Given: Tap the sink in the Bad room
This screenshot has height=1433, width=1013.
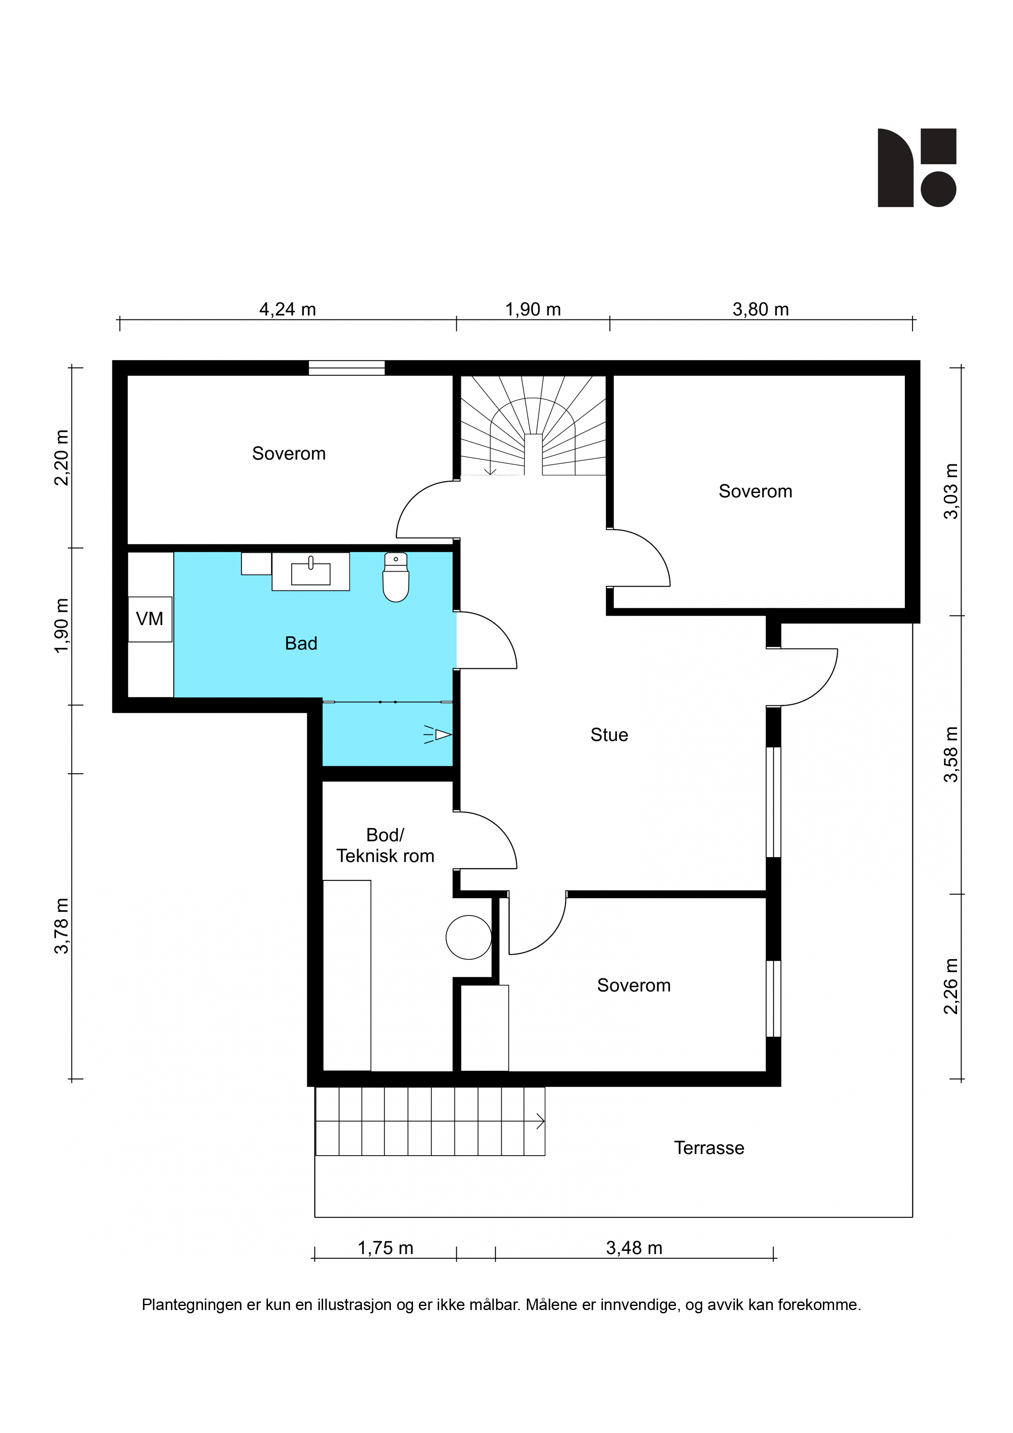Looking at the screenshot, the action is (x=311, y=571).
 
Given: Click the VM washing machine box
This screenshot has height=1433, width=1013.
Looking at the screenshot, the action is (x=150, y=619).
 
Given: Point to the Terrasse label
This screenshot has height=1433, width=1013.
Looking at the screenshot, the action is (x=709, y=1148).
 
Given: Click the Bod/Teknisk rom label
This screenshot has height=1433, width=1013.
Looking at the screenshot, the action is (x=385, y=846).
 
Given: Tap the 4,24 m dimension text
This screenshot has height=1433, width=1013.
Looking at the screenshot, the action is (x=288, y=310).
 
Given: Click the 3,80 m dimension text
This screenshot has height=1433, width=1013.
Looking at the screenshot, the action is (x=761, y=310).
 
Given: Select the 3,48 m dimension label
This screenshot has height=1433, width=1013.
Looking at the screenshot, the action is (x=634, y=1248).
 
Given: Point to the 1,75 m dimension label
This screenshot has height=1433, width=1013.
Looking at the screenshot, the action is (x=386, y=1248).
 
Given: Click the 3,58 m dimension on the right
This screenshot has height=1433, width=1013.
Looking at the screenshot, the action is (x=950, y=754).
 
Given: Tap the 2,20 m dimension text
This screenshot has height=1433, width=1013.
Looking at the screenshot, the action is (x=61, y=458).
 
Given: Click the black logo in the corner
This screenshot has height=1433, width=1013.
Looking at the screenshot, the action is (x=917, y=168).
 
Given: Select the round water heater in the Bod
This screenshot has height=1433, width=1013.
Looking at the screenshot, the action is (x=469, y=937).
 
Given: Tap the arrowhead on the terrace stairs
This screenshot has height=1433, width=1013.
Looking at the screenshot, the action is (x=540, y=1122).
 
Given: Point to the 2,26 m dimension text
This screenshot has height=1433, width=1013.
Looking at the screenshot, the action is (x=950, y=987).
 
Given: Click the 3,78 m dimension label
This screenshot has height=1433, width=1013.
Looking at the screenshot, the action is (x=61, y=926).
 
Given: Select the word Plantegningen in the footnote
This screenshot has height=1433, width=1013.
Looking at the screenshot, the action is (x=192, y=1306).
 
